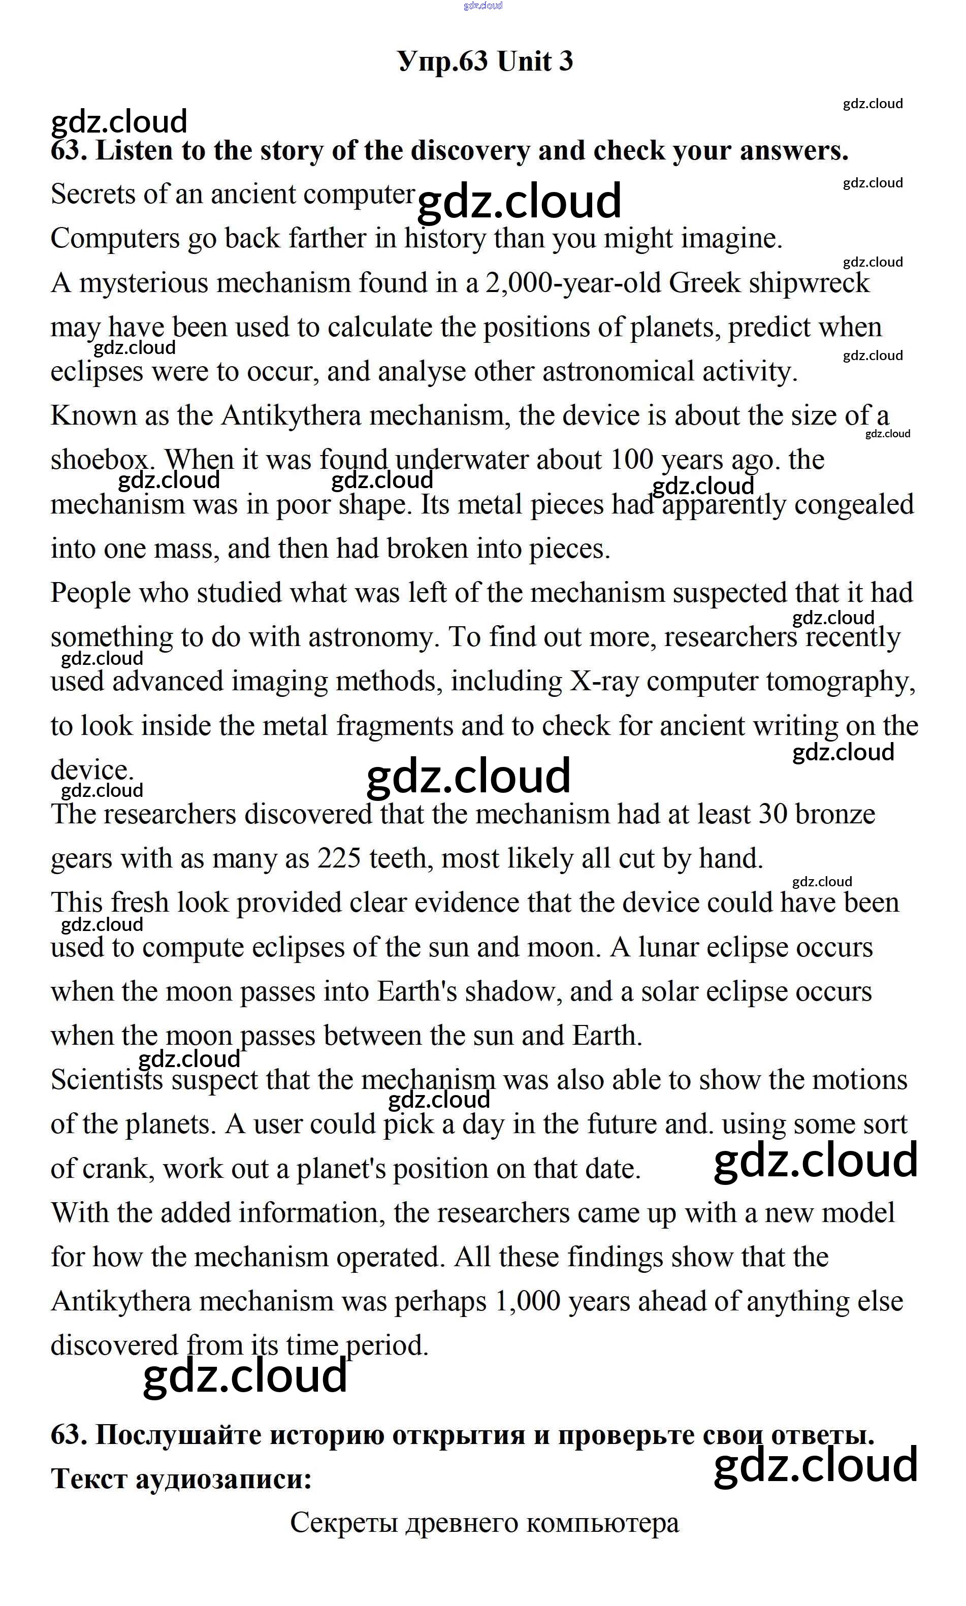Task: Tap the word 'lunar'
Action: click(668, 947)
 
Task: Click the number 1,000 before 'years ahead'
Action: click(528, 1301)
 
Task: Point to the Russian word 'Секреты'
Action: click(344, 1523)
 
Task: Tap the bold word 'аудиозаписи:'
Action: click(223, 1479)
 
